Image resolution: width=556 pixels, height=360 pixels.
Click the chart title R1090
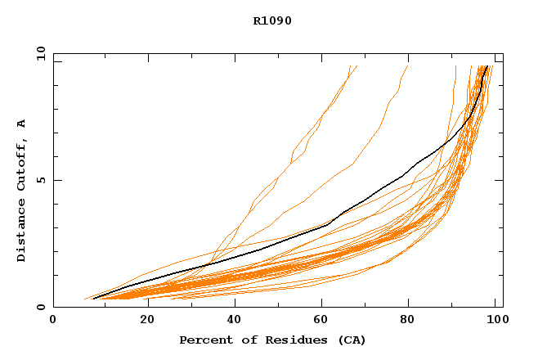pos(272,20)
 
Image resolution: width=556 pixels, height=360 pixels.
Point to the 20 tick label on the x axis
pos(142,320)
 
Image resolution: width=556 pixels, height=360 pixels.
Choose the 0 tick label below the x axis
pos(53,320)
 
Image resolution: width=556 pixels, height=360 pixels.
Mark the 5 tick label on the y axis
pos(40,180)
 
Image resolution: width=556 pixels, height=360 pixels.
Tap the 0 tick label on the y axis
pos(40,307)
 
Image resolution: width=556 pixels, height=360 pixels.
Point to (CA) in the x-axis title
pos(351,340)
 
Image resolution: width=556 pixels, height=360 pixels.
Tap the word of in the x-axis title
pos(243,340)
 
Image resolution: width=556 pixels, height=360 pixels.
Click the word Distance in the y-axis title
pos(22,231)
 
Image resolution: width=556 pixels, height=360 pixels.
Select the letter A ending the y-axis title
pos(22,124)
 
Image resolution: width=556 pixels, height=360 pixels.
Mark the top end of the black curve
pos(488,66)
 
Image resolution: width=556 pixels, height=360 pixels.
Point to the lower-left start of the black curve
pos(94,299)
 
